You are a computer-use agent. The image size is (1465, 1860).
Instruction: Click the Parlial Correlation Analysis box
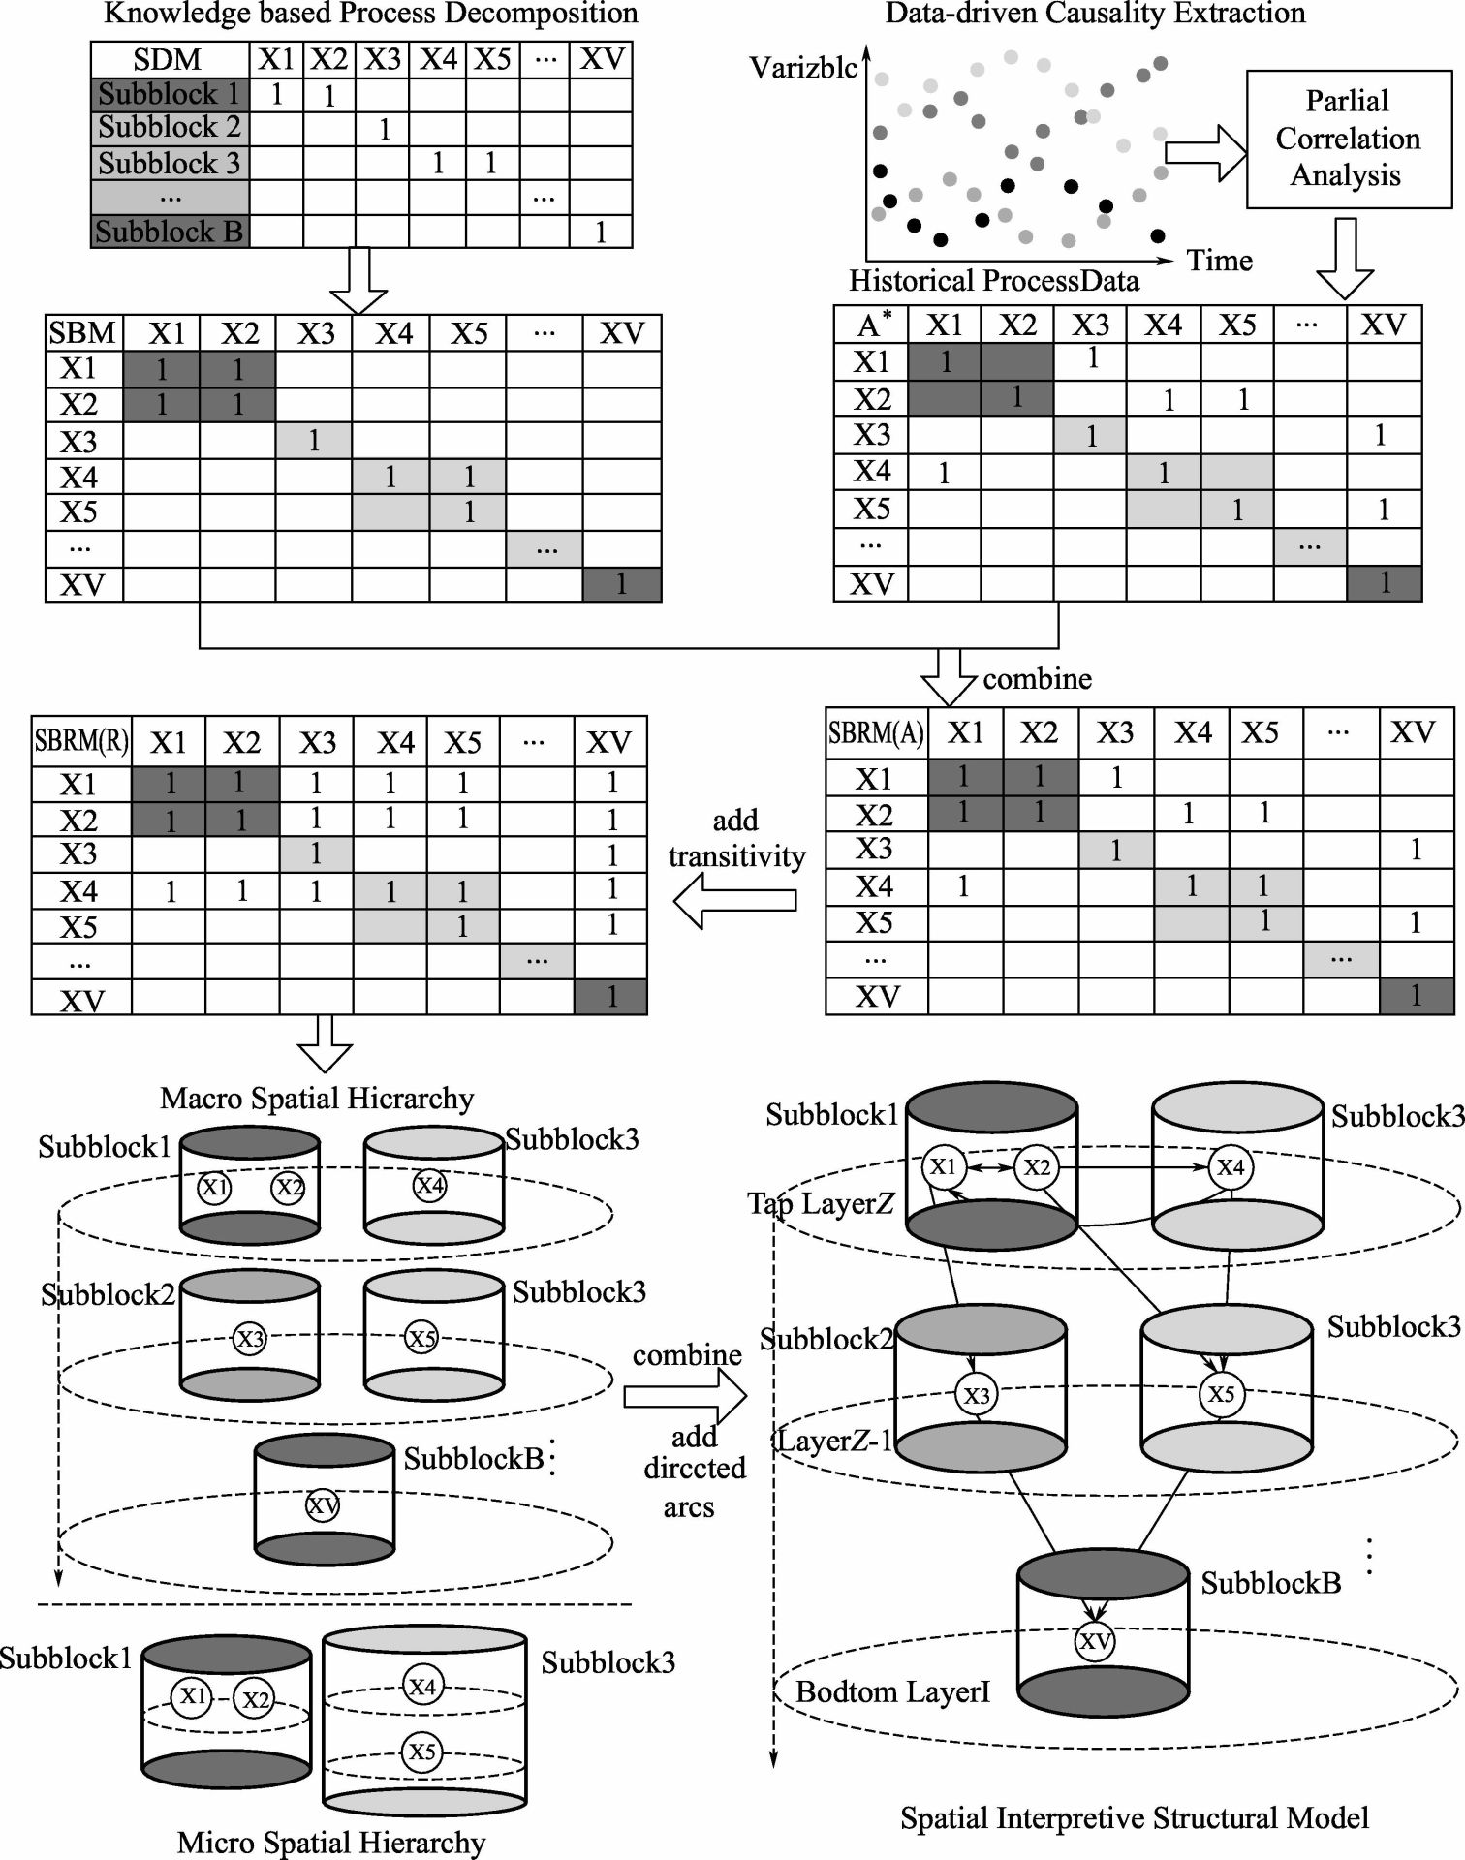1348,139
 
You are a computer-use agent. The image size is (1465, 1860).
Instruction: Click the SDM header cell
169,60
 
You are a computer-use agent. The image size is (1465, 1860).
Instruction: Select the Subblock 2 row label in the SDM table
170,128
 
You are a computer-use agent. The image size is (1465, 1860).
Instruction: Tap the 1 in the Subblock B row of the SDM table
601,232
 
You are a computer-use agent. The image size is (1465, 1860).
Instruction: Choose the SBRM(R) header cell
81,741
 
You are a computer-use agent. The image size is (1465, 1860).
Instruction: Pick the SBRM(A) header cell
876,733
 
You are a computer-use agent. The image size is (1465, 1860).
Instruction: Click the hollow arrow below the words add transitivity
735,900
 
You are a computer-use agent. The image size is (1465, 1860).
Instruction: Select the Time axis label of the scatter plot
1219,261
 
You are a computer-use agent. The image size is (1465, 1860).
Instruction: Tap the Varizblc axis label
803,68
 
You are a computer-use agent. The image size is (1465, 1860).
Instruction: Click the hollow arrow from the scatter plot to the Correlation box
1204,152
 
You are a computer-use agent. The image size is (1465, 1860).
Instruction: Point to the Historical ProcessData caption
993,281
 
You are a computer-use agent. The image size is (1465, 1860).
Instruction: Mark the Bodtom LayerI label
892,1691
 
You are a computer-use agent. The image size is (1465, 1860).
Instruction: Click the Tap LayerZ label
821,1203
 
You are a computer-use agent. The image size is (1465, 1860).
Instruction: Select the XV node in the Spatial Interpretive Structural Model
1095,1641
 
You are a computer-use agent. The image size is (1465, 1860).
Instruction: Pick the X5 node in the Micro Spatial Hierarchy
421,1751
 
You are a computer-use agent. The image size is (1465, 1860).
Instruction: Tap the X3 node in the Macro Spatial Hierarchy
250,1339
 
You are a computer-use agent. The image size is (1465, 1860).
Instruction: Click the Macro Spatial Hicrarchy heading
317,1098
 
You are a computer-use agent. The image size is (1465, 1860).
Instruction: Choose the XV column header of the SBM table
621,334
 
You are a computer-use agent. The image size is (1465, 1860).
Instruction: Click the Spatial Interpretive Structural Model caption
1134,1817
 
